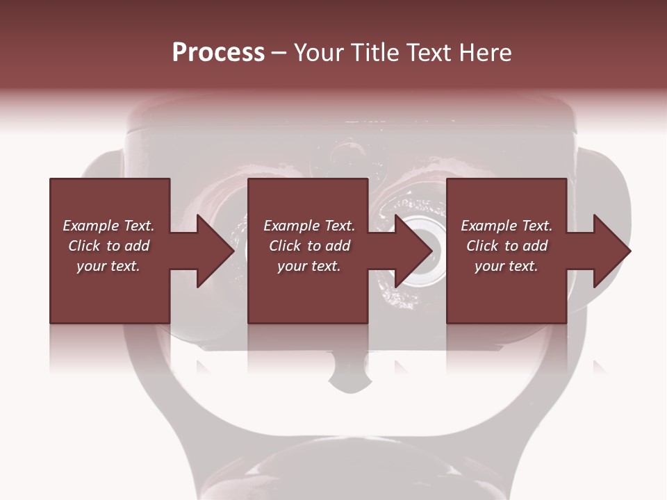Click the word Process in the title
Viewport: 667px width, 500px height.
[x=218, y=53]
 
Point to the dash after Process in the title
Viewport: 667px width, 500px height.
[x=279, y=53]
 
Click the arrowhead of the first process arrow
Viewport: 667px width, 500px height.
[x=215, y=251]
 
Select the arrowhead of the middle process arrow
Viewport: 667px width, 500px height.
[x=414, y=251]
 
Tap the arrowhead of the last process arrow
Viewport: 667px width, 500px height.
[x=612, y=251]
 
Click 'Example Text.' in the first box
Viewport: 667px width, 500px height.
[x=108, y=226]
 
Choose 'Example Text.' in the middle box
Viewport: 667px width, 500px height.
[x=309, y=226]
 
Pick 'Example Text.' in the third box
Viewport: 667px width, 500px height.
[x=507, y=226]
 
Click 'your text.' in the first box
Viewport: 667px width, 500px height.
[x=108, y=266]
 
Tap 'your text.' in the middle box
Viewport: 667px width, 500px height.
[x=309, y=266]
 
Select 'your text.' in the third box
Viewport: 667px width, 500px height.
[x=507, y=266]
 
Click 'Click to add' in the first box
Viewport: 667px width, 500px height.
[x=108, y=246]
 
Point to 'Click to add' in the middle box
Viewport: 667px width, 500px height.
[x=309, y=246]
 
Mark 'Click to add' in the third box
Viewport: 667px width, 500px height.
[x=507, y=246]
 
